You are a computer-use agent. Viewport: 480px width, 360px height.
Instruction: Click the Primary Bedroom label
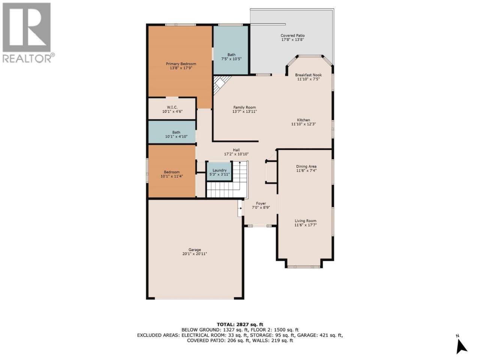tap(181, 64)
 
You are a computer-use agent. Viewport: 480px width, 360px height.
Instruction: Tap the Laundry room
tap(219, 172)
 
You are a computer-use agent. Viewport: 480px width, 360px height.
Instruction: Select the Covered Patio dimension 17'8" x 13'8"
tap(292, 40)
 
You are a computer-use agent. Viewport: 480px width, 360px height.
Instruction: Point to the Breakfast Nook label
tap(308, 75)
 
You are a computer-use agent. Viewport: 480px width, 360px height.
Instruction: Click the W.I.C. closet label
tap(172, 107)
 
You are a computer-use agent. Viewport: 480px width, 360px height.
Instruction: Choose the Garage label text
tap(195, 250)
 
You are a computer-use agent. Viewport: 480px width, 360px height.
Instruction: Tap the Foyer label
tap(261, 204)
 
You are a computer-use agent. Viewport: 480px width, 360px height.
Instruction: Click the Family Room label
tap(244, 107)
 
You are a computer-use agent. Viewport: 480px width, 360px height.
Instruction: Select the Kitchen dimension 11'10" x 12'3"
tap(303, 124)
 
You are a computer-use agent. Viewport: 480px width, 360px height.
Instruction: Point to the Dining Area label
tap(306, 166)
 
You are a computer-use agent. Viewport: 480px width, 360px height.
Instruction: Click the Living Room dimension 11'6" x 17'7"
tap(306, 225)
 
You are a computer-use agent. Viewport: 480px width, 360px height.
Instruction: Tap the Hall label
tap(236, 150)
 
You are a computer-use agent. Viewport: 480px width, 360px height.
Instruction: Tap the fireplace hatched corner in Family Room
tap(220, 84)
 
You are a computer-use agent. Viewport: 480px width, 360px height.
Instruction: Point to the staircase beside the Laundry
tap(227, 180)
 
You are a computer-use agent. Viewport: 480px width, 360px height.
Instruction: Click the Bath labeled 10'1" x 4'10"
tap(172, 132)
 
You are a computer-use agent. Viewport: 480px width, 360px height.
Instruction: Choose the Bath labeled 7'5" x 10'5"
tap(231, 50)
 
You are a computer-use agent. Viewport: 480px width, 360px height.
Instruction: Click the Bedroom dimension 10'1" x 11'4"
tap(172, 176)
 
